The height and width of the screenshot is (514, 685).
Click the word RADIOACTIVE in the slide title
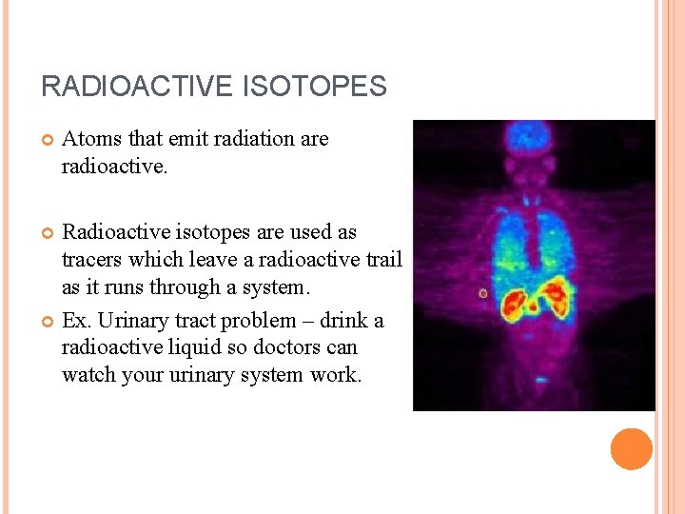pyautogui.click(x=136, y=87)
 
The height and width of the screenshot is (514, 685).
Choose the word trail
pyautogui.click(x=384, y=259)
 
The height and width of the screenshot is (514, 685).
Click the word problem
pyautogui.click(x=259, y=321)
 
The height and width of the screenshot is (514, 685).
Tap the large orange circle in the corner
pyautogui.click(x=632, y=449)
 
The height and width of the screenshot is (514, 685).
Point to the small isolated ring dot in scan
pyautogui.click(x=482, y=293)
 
